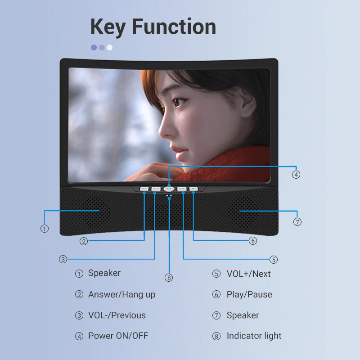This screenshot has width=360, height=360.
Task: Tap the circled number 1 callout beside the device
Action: coord(44,229)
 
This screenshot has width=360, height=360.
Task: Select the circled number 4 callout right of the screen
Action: coord(296,175)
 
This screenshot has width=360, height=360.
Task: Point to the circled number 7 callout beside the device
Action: coord(297,221)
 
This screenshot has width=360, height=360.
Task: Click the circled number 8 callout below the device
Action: coord(169,278)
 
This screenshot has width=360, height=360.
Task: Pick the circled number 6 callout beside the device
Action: coord(253,241)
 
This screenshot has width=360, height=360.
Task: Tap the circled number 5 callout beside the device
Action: coord(274,259)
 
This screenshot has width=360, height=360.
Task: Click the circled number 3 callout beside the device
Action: coord(63,259)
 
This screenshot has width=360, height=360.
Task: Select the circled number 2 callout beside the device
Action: coord(84,241)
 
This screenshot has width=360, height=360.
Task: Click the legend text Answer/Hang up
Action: coord(121,295)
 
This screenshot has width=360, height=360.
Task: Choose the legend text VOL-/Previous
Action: coord(117,315)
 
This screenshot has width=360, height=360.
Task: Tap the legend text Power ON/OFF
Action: coord(118,336)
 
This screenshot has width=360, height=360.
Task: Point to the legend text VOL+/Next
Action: coord(248,274)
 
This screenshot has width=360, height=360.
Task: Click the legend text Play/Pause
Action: coord(249,295)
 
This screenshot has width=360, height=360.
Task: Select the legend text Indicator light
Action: coord(254,336)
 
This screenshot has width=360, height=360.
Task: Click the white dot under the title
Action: coord(109,47)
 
